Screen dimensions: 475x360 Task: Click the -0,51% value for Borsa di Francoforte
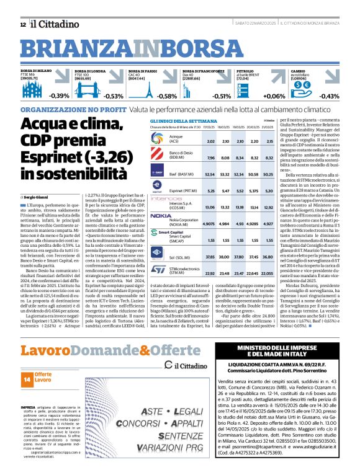coord(222,96)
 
